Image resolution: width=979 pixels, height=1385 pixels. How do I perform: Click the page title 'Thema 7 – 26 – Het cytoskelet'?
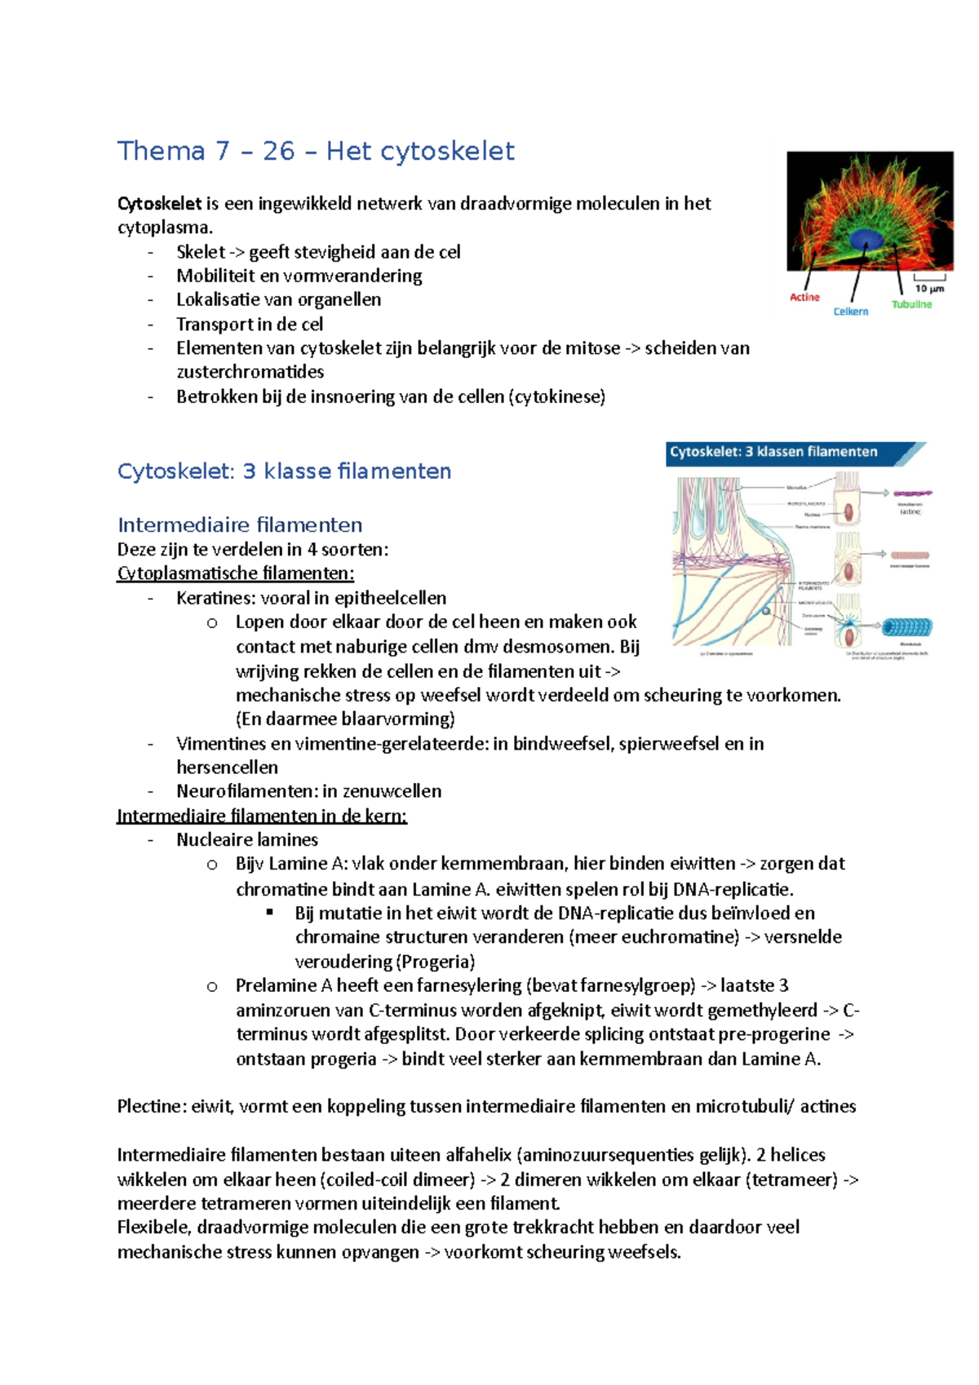click(x=316, y=151)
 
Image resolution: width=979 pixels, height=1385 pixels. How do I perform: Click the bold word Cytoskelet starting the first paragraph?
click(x=159, y=203)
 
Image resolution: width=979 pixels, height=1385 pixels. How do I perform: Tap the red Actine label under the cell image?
click(x=804, y=298)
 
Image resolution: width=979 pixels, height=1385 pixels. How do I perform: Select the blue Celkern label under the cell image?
click(x=851, y=312)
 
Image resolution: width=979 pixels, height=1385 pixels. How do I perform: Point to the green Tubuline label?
click(x=911, y=304)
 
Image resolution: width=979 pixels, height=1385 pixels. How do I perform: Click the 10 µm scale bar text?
click(x=929, y=289)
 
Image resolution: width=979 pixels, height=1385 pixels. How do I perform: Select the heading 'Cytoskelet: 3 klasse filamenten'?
click(x=284, y=471)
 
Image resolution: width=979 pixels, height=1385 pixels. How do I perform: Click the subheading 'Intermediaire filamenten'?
click(x=240, y=524)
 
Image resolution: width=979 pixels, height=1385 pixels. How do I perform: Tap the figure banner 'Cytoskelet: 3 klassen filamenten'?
click(x=773, y=452)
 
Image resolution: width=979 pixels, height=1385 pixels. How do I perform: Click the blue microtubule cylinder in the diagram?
click(x=906, y=628)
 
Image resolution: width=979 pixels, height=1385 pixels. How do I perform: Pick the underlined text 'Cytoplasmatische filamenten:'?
click(x=236, y=573)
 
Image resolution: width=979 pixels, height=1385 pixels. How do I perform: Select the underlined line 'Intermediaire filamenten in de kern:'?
click(x=262, y=816)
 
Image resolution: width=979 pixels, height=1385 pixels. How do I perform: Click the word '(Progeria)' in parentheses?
click(x=436, y=961)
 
